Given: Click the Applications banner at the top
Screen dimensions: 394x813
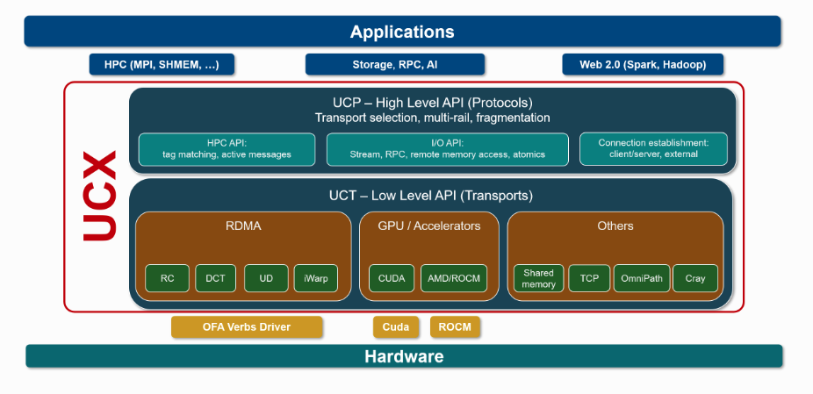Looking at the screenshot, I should (x=402, y=32).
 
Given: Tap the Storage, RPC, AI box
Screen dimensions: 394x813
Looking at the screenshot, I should (x=395, y=65).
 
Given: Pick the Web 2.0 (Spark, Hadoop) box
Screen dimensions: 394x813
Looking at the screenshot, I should (x=642, y=65).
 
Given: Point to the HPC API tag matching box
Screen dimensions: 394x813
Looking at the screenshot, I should (x=227, y=149).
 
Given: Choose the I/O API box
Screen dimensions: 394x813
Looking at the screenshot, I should (x=447, y=149).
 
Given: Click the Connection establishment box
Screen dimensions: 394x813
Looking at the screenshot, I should (x=653, y=149).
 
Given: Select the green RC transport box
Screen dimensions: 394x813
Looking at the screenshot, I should (x=167, y=278).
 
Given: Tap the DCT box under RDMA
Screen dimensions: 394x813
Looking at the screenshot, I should (x=216, y=278).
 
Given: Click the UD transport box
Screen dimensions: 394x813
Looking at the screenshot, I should (x=266, y=278).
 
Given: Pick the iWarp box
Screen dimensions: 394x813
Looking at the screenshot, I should (x=315, y=278).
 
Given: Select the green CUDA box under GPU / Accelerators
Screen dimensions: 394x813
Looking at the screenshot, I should (x=392, y=278).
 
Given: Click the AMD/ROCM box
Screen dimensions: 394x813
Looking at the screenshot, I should (x=453, y=278).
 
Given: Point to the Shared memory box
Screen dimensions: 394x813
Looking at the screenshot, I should (x=538, y=278).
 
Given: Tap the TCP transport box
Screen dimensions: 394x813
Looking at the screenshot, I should (x=589, y=278).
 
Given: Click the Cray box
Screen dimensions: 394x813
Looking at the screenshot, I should (x=695, y=278).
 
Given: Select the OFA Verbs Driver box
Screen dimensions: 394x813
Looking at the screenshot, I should (x=247, y=327).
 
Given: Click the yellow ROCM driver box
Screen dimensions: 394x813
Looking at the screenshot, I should (x=456, y=327).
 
